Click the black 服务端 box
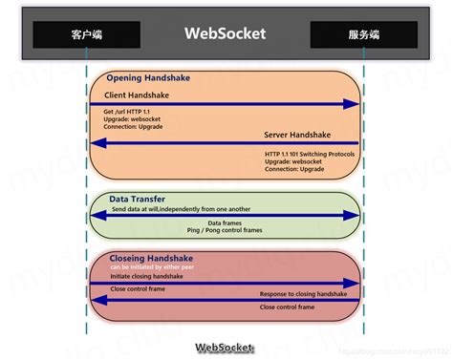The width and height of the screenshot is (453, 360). [x=364, y=34]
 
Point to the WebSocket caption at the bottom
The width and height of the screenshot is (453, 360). [x=226, y=349]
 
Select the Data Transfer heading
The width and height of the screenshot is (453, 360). [x=137, y=198]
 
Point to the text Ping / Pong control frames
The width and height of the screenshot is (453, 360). [x=225, y=230]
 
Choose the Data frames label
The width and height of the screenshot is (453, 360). [x=226, y=222]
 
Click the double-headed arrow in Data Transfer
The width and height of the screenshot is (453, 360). [x=225, y=215]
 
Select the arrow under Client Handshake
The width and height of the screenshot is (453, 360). [x=225, y=104]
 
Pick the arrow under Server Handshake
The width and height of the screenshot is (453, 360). [x=225, y=144]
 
